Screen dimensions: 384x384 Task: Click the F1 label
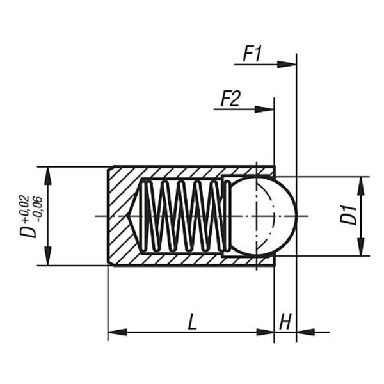[x=252, y=54]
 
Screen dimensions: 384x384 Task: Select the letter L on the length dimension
[x=192, y=322]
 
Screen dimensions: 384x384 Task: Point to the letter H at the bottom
[x=285, y=322]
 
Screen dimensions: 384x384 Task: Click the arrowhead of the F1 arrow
[x=289, y=64]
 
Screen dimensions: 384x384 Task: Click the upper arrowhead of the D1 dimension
[x=361, y=183]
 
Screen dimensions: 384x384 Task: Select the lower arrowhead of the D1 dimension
[x=361, y=248]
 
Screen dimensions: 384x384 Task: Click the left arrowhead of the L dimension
[x=115, y=332]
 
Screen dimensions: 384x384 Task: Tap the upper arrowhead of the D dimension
[x=50, y=173]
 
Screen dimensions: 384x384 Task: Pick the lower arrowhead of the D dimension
[x=50, y=258]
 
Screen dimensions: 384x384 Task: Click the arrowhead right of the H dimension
[x=304, y=332]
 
